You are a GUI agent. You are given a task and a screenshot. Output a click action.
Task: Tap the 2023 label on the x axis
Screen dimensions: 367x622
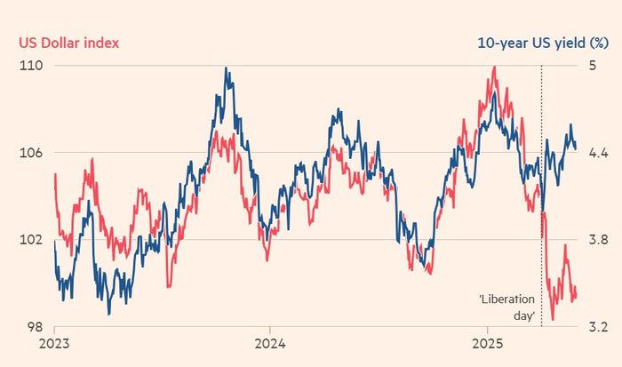(x=55, y=345)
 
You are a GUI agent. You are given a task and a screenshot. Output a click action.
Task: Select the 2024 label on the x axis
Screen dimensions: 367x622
(x=270, y=345)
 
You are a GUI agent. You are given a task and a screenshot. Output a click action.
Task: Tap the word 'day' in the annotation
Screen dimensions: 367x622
(x=524, y=315)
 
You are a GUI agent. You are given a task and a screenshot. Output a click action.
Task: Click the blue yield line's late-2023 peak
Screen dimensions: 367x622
(x=227, y=68)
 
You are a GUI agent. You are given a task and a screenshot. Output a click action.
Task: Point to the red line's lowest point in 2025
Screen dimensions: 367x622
(x=553, y=319)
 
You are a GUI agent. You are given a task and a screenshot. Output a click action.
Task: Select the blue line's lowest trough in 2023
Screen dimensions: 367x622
(x=108, y=314)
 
